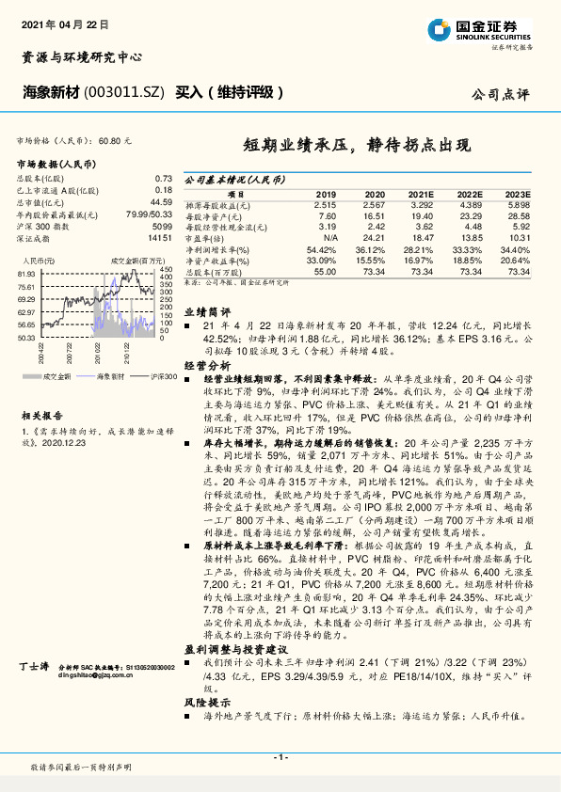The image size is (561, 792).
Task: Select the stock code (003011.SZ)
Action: (125, 91)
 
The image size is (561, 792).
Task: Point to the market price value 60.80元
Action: (114, 139)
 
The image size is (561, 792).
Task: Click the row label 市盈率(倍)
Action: (209, 238)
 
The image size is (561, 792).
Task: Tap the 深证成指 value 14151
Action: (161, 239)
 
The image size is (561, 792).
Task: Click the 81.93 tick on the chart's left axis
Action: (25, 274)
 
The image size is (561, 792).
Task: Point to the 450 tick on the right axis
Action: (166, 271)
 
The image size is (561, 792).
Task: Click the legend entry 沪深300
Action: (160, 374)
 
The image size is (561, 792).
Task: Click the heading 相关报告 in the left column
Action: (40, 413)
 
